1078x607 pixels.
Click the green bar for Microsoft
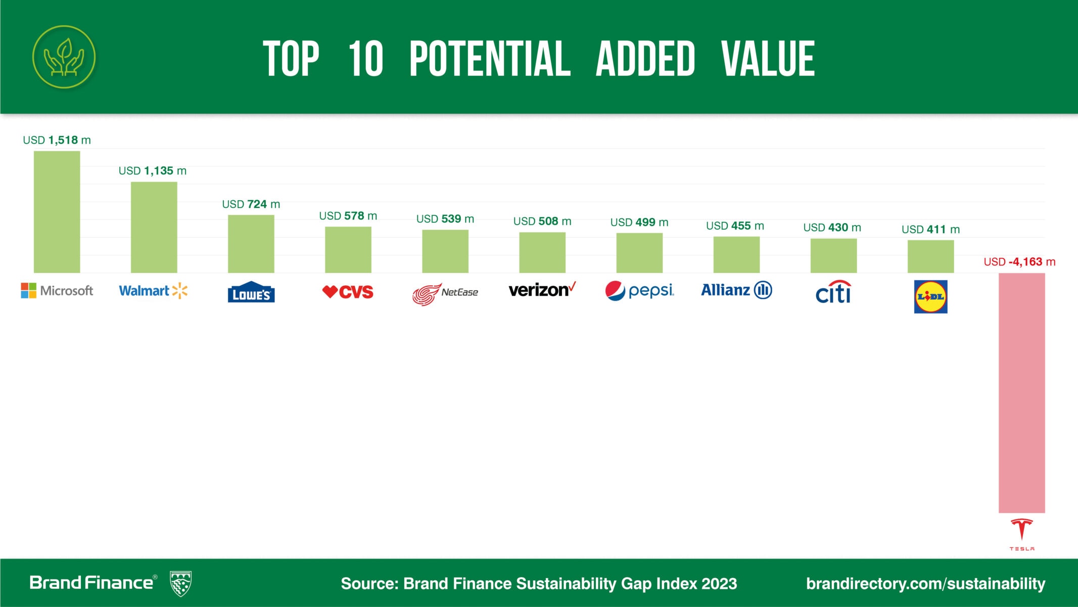coord(57,212)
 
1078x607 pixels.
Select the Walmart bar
coord(154,227)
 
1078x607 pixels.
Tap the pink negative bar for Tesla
coord(1021,393)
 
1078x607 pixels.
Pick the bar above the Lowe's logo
coord(251,244)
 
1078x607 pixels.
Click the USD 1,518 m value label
coord(57,140)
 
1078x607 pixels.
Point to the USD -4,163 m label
coord(1019,262)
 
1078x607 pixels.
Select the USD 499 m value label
coord(639,223)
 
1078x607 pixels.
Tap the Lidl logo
coord(930,297)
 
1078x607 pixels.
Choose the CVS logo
coord(348,292)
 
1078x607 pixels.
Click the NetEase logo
coord(445,293)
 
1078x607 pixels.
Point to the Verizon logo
coord(542,290)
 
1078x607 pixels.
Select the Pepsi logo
coord(639,290)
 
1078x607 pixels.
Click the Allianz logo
coord(736,290)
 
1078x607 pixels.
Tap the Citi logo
coord(833,292)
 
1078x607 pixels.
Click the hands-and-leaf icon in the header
coord(64,57)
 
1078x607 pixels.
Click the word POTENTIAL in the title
coord(490,59)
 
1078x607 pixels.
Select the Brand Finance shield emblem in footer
coord(180,583)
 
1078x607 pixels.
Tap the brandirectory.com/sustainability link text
coord(925,584)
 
